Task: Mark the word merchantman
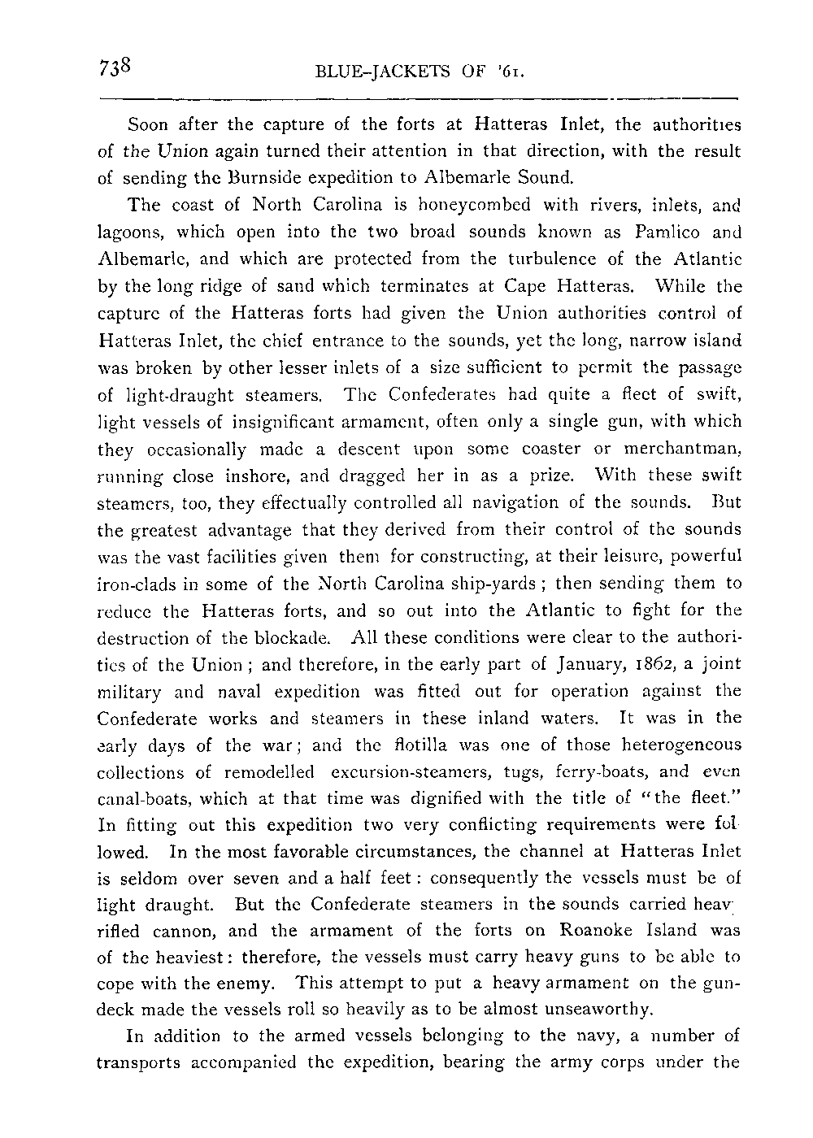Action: coord(683,448)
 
